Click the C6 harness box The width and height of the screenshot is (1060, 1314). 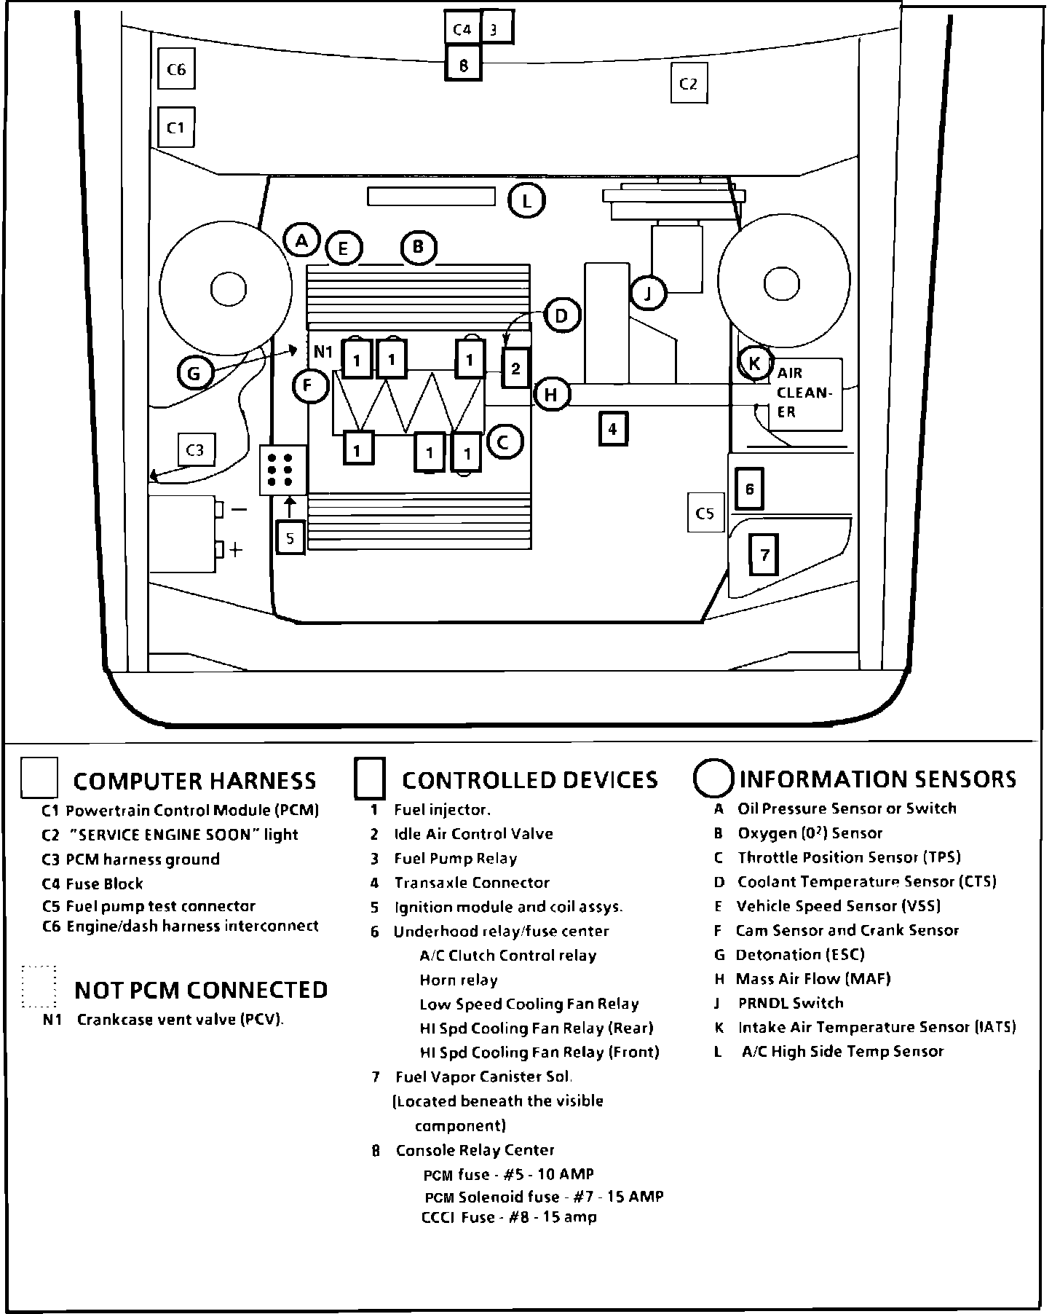click(x=176, y=69)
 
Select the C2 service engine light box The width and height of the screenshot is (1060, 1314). click(x=689, y=84)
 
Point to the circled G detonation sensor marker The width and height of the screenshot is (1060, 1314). click(x=194, y=374)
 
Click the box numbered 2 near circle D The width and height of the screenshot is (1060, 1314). click(x=515, y=368)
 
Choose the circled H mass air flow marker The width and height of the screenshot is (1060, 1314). click(x=551, y=395)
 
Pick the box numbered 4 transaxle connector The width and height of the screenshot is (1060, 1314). click(x=613, y=429)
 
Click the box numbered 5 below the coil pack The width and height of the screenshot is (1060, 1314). click(x=290, y=538)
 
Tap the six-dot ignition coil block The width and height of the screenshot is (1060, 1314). click(x=283, y=470)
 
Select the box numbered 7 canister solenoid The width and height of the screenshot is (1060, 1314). click(x=764, y=555)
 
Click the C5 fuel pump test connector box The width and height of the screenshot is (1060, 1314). click(x=705, y=513)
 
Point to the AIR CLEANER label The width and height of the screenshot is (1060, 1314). click(x=804, y=393)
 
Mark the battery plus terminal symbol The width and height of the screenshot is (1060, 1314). click(x=235, y=550)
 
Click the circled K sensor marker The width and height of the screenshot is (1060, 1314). click(x=754, y=363)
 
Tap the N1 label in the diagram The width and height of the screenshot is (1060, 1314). click(x=323, y=353)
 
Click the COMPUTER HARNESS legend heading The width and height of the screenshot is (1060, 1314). click(x=194, y=781)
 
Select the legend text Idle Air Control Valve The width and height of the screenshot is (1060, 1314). click(x=473, y=834)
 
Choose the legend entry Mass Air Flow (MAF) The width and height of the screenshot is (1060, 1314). click(x=812, y=979)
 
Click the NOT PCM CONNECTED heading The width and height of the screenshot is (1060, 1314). click(x=201, y=990)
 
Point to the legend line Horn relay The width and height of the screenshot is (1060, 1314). click(x=458, y=980)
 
